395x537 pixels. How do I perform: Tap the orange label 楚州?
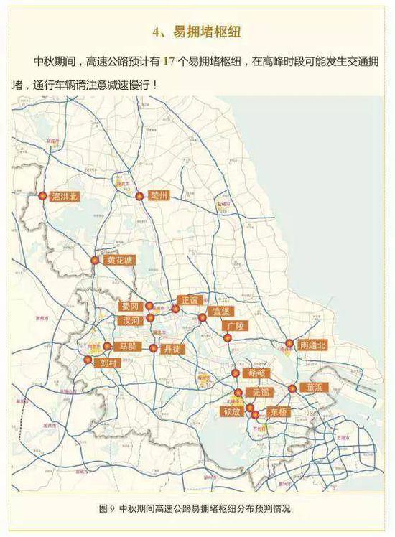click(x=159, y=195)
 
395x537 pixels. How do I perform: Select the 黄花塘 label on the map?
click(x=118, y=260)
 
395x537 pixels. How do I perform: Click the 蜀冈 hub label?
click(x=131, y=307)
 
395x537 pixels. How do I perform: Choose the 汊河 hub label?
click(x=131, y=319)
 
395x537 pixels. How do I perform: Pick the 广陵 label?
click(x=236, y=325)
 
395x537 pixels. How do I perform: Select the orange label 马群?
click(x=127, y=346)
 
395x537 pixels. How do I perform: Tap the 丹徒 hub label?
click(x=172, y=348)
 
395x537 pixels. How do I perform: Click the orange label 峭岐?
click(x=256, y=373)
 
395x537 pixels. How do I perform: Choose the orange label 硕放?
click(x=231, y=411)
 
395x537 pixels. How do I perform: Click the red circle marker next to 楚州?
click(x=139, y=195)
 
